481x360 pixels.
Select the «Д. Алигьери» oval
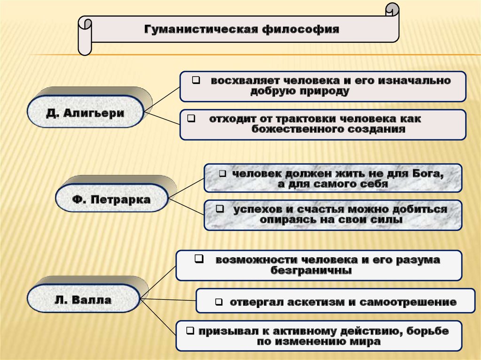pyautogui.click(x=85, y=113)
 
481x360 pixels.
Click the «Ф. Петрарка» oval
pyautogui.click(x=111, y=199)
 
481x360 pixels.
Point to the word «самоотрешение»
pyautogui.click(x=408, y=302)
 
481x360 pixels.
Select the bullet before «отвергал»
pyautogui.click(x=218, y=302)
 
